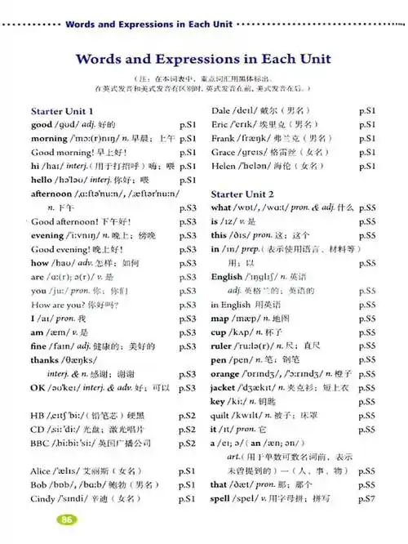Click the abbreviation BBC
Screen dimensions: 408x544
[x=42, y=443]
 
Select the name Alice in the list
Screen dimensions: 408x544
[x=42, y=471]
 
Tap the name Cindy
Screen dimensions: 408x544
[x=44, y=499]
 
